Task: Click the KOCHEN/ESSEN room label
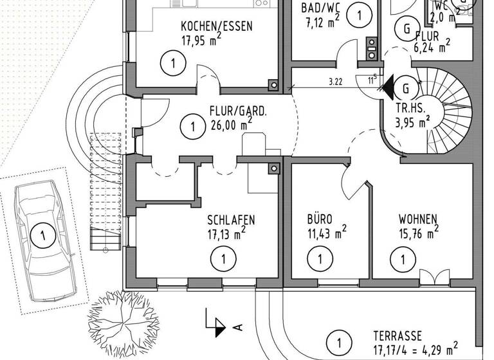click(216, 26)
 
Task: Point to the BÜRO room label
click(320, 218)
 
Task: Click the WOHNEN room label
click(417, 218)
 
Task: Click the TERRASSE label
click(398, 336)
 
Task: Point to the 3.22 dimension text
click(334, 82)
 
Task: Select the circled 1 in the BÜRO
click(317, 260)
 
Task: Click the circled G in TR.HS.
click(406, 88)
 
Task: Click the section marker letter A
click(238, 327)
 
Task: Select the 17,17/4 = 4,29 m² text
click(415, 349)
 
